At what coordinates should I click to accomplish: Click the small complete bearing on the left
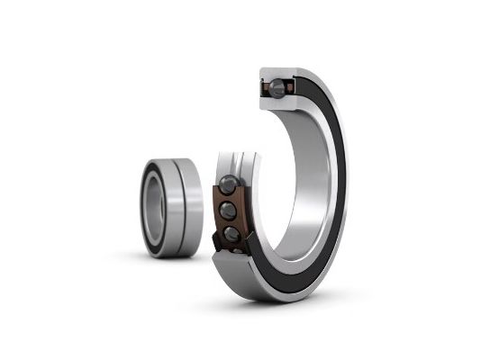point(168,206)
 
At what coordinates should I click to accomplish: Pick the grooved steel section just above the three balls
point(237,164)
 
